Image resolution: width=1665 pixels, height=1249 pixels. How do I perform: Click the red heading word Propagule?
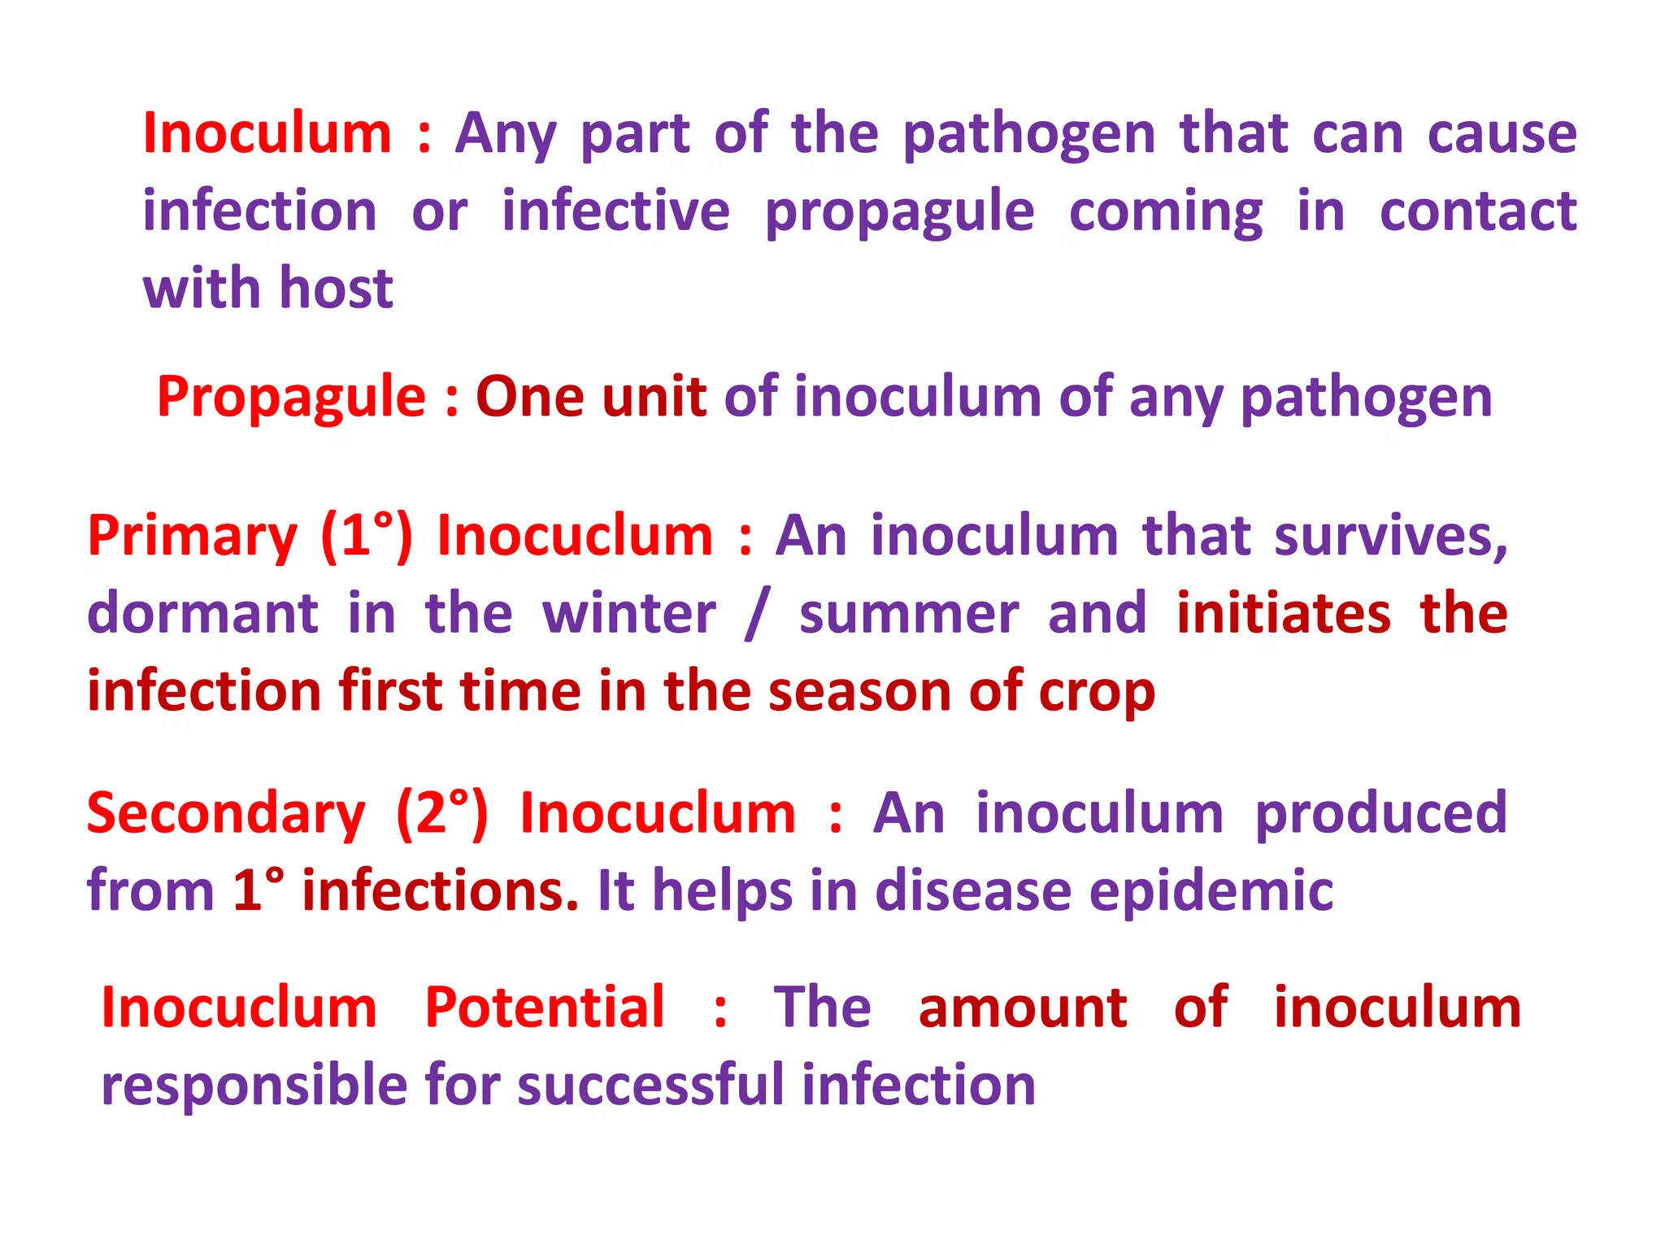pos(291,398)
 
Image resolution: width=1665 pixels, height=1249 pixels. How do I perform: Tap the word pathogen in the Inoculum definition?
pos(1028,134)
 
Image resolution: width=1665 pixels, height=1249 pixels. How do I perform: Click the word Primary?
pos(193,537)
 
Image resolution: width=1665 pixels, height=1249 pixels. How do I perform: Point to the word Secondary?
pos(226,814)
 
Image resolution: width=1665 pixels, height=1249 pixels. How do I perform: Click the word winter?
pos(629,613)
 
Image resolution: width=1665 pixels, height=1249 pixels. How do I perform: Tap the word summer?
pos(909,613)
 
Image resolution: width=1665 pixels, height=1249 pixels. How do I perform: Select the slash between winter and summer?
pos(756,615)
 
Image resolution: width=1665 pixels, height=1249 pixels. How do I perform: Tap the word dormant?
pos(202,613)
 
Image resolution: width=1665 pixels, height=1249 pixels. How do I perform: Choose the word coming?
pos(1166,212)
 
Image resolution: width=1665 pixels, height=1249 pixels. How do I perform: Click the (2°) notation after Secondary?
pos(442,814)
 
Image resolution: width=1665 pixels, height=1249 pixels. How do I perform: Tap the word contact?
pos(1478,212)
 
